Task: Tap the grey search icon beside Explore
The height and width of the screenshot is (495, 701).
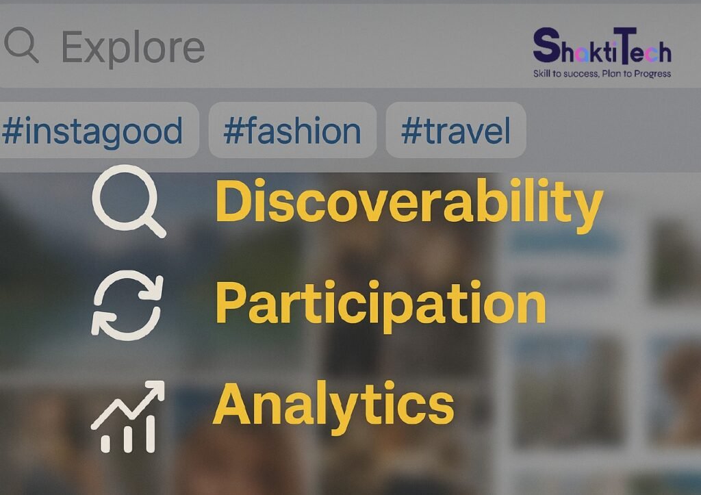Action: (x=21, y=45)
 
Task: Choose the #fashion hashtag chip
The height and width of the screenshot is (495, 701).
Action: (x=292, y=130)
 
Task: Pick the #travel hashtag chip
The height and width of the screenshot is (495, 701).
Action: (x=456, y=130)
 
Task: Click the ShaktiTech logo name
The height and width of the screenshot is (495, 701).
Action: (x=602, y=46)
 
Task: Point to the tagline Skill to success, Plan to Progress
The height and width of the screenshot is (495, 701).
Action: (x=602, y=74)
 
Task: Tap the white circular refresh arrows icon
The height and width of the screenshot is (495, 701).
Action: (x=127, y=305)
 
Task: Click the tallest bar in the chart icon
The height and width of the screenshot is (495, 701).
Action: (x=150, y=434)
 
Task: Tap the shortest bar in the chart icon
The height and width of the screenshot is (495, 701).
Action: (x=105, y=444)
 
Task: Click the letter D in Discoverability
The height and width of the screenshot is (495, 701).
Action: (x=234, y=201)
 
